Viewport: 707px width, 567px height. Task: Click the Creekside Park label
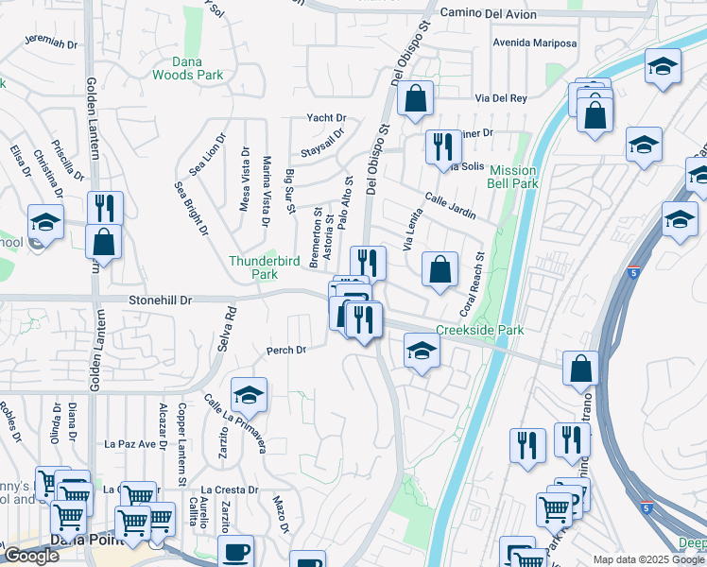pyautogui.click(x=479, y=330)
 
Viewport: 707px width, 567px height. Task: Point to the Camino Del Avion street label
pyautogui.click(x=489, y=15)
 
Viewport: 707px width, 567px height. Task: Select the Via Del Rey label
pyautogui.click(x=500, y=98)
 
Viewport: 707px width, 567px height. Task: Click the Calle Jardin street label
pyautogui.click(x=450, y=205)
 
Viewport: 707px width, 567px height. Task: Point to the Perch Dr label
pyautogui.click(x=286, y=350)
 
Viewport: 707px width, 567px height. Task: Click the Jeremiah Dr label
pyautogui.click(x=49, y=42)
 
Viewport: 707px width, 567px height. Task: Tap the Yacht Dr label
pyautogui.click(x=326, y=118)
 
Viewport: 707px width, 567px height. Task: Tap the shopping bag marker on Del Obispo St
pyautogui.click(x=414, y=97)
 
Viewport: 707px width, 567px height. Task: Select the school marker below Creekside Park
pyautogui.click(x=422, y=352)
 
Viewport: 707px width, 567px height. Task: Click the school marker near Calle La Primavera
pyautogui.click(x=249, y=395)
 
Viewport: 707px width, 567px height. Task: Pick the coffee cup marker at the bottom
pyautogui.click(x=235, y=551)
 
